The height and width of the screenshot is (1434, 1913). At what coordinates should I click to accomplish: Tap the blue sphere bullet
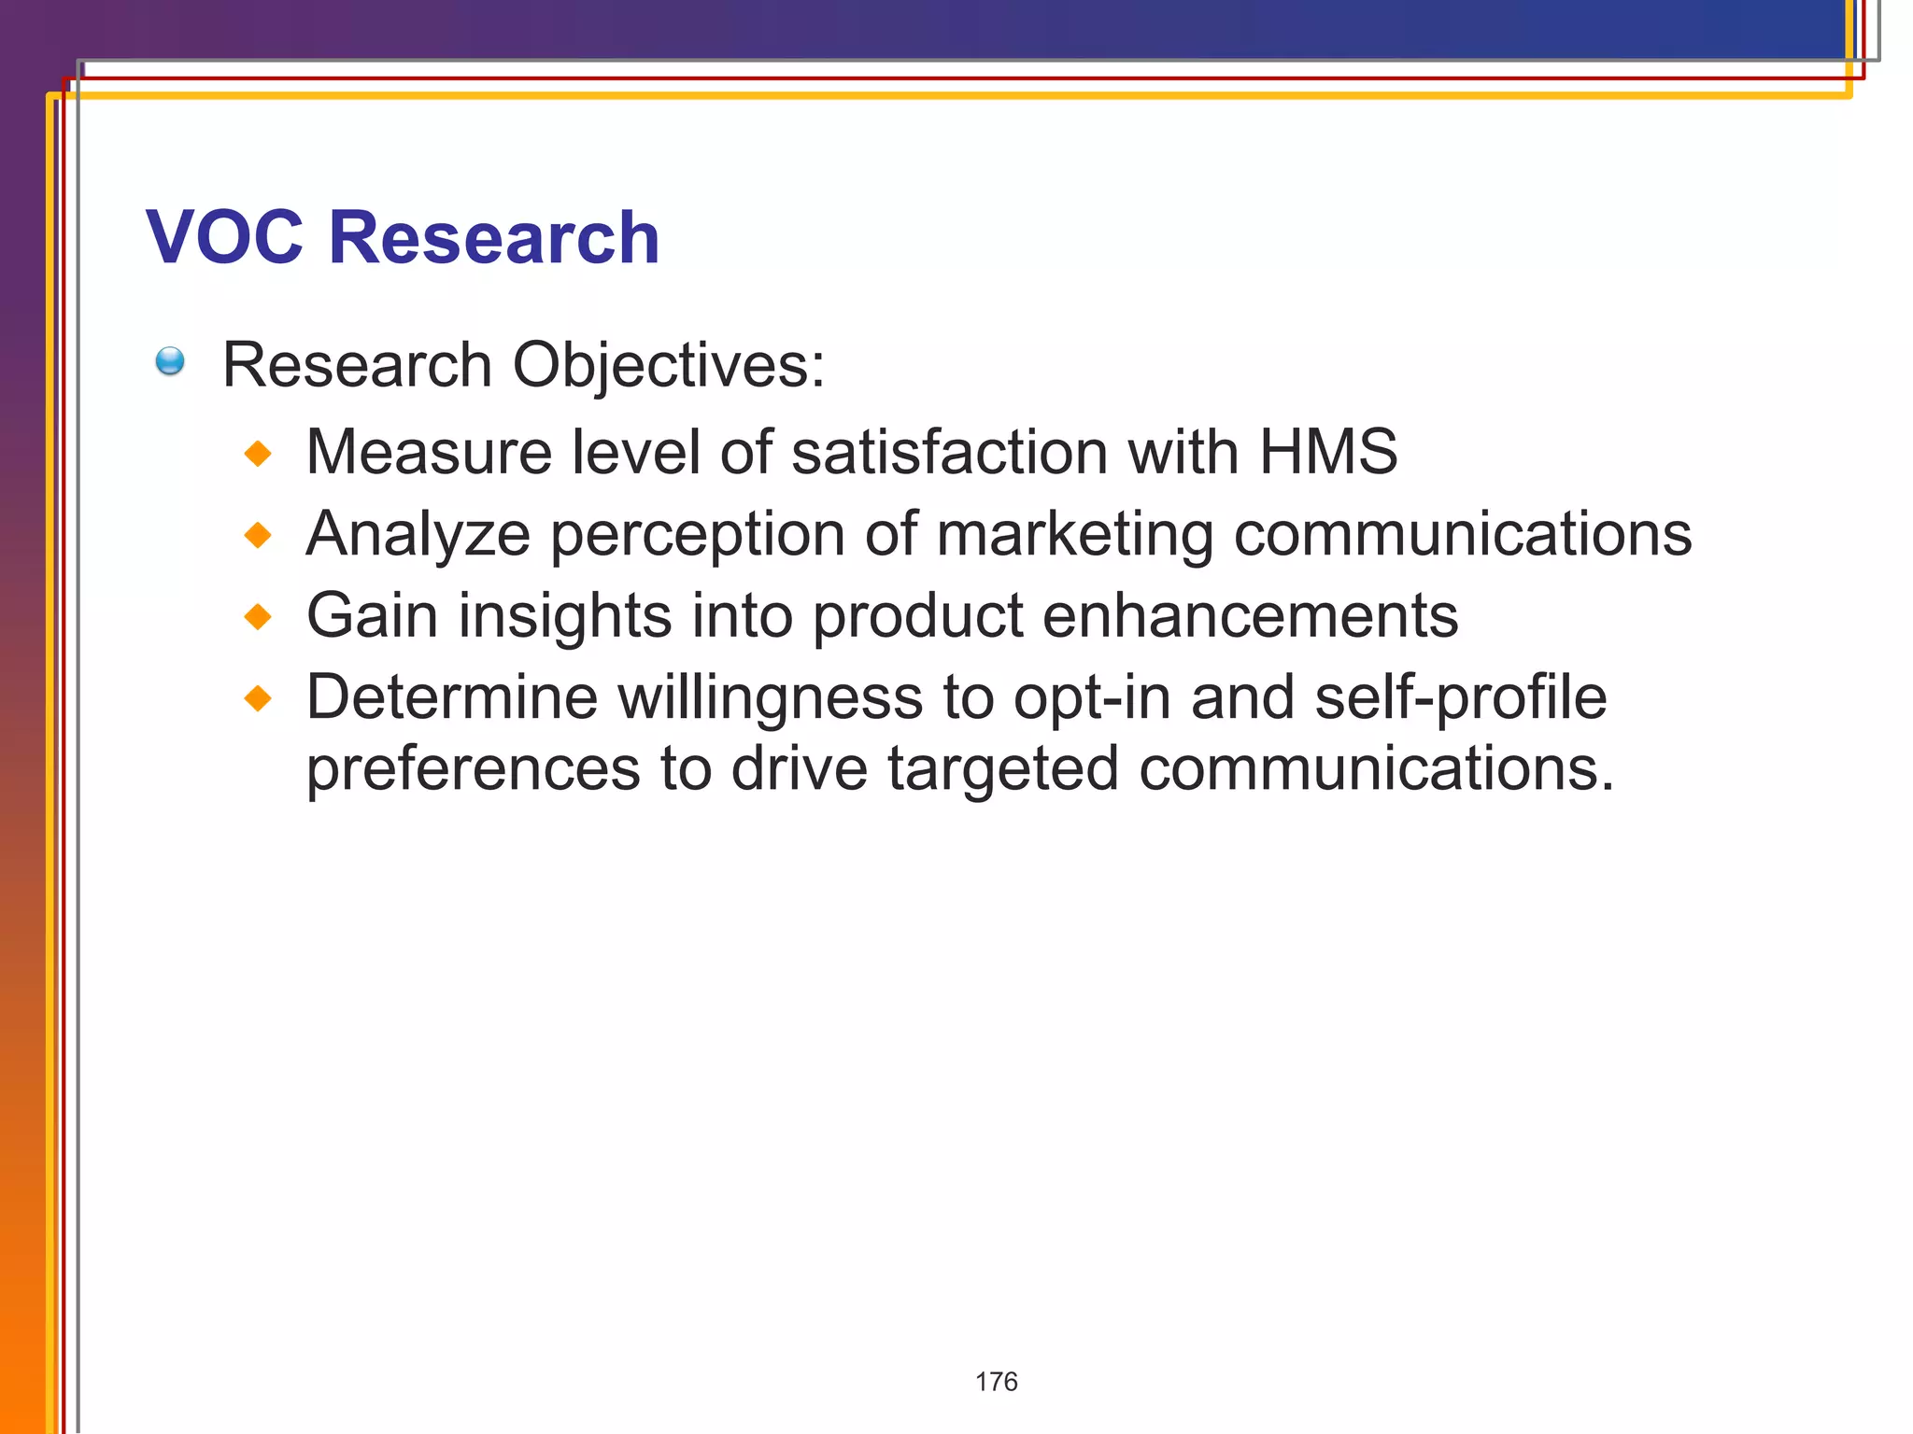pos(170,361)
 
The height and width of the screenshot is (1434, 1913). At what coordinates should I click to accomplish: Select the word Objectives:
pos(669,365)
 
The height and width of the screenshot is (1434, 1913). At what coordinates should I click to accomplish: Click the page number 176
pos(996,1382)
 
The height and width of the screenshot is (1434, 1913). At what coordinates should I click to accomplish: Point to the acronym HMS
pos(1327,452)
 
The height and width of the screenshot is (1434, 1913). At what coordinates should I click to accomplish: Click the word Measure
pos(429,452)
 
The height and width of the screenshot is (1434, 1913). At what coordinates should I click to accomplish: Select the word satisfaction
pos(949,452)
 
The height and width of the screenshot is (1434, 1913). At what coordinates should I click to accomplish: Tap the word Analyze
pos(418,535)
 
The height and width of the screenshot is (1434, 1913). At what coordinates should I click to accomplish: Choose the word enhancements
pos(1250,616)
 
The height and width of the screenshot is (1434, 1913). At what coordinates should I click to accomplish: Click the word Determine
pos(451,697)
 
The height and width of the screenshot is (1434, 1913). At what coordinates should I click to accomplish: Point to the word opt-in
pos(1091,699)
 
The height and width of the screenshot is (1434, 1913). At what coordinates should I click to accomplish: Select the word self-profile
pos(1460,699)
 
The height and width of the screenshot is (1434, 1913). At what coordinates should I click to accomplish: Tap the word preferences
pos(474,769)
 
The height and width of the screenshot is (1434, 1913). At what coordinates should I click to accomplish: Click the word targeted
pos(1002,769)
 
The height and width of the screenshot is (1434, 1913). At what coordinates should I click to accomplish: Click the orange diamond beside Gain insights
pos(258,617)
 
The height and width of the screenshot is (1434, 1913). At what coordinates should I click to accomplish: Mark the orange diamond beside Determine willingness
pos(258,698)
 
